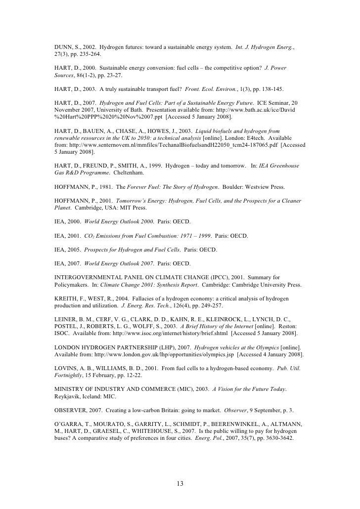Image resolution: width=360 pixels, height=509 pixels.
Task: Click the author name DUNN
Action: pos(63,46)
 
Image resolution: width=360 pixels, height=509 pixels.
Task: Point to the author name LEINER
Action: pos(65,320)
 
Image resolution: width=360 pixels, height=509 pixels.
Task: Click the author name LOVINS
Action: pos(65,369)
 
